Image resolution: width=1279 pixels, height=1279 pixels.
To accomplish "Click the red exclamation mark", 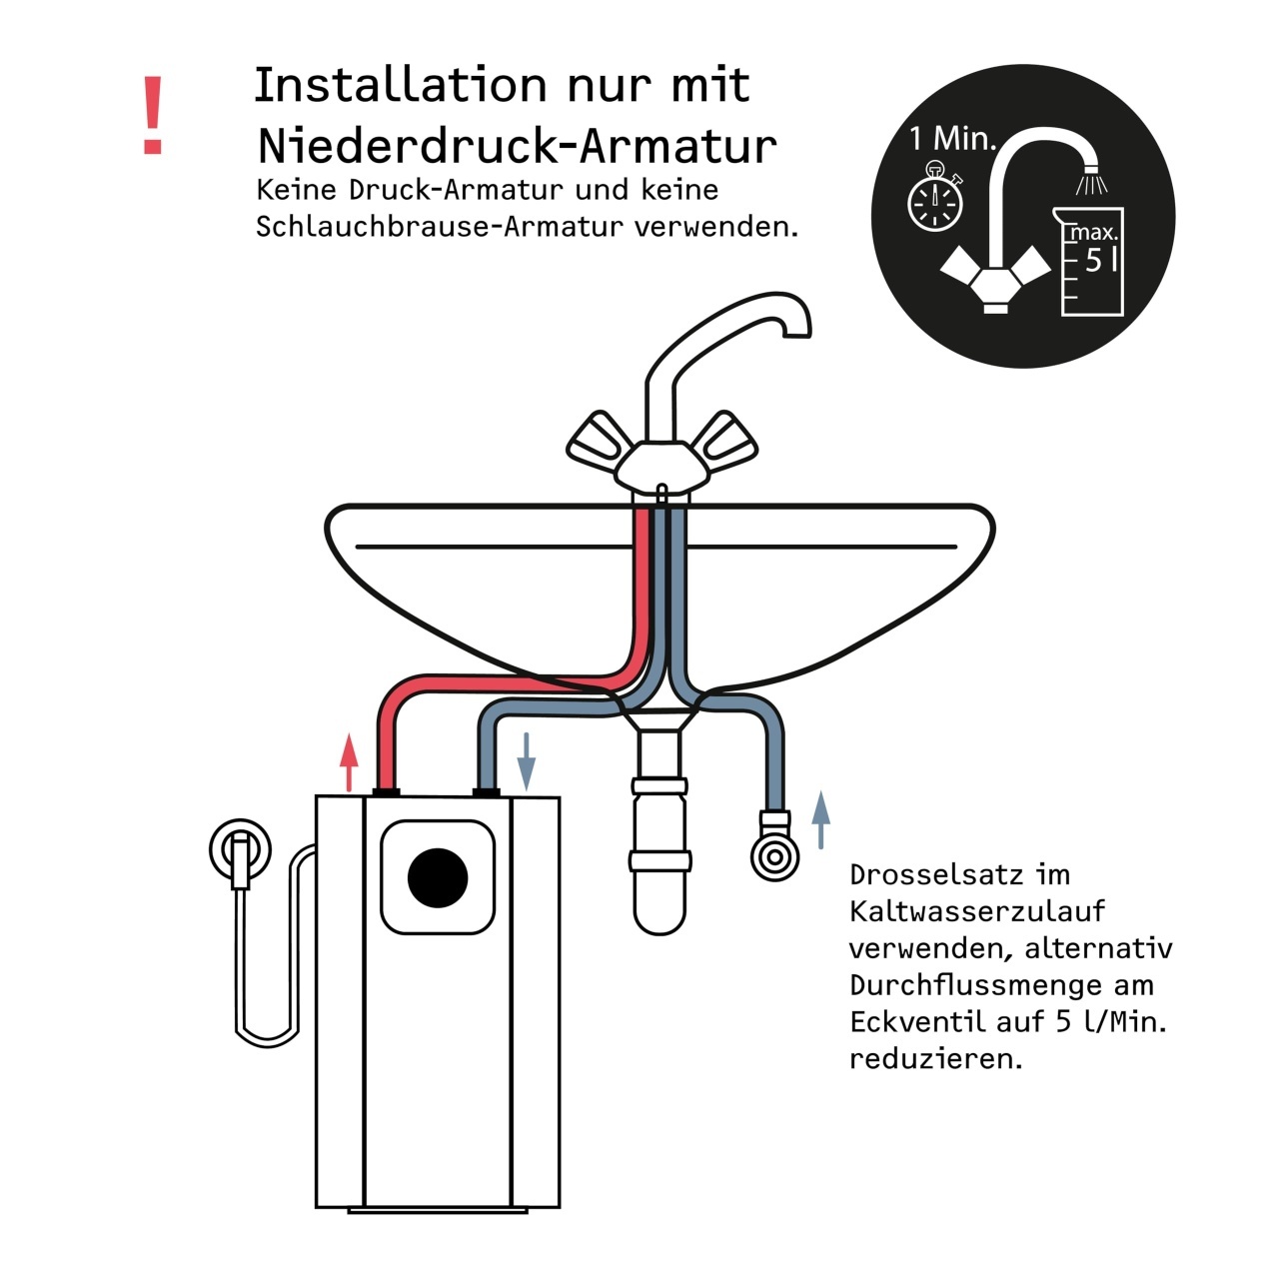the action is coord(153,115).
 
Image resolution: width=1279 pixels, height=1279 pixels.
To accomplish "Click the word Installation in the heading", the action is coord(401,84).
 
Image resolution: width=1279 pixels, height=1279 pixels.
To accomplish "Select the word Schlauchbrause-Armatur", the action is coord(440,227).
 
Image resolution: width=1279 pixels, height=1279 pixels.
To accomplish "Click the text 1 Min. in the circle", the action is coord(953,139).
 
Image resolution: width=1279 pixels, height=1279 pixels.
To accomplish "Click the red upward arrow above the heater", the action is coord(349,762).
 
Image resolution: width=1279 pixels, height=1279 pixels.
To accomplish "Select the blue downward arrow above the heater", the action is coord(527,762).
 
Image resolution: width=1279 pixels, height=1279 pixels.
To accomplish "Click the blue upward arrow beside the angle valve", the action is coord(821,819).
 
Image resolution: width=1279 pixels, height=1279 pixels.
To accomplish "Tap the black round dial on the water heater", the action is coord(438,877).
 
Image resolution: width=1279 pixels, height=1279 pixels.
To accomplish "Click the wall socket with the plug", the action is coord(240,852).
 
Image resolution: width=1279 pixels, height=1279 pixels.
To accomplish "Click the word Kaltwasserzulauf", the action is coord(977,912).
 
